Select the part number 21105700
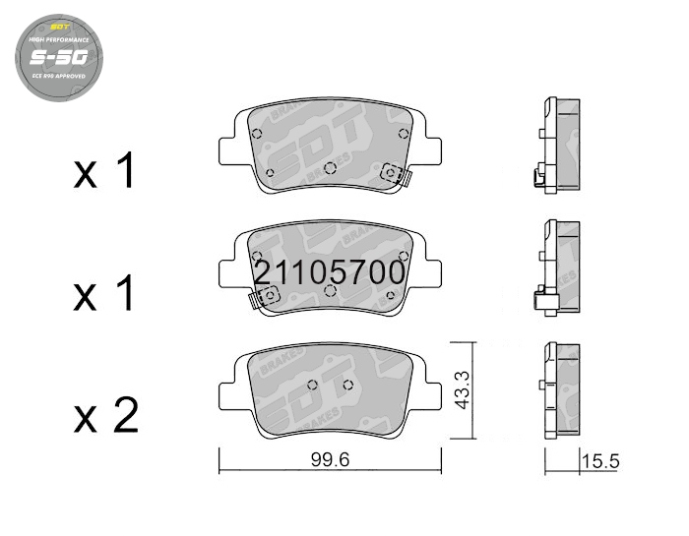point(329,272)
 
